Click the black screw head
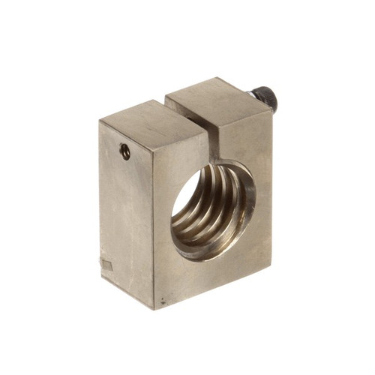[x=264, y=97]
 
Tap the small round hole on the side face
[x=125, y=151]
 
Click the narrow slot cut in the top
[x=196, y=112]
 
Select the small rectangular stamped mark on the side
[x=106, y=265]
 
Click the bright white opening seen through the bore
[x=187, y=191]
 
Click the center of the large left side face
[x=127, y=214]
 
